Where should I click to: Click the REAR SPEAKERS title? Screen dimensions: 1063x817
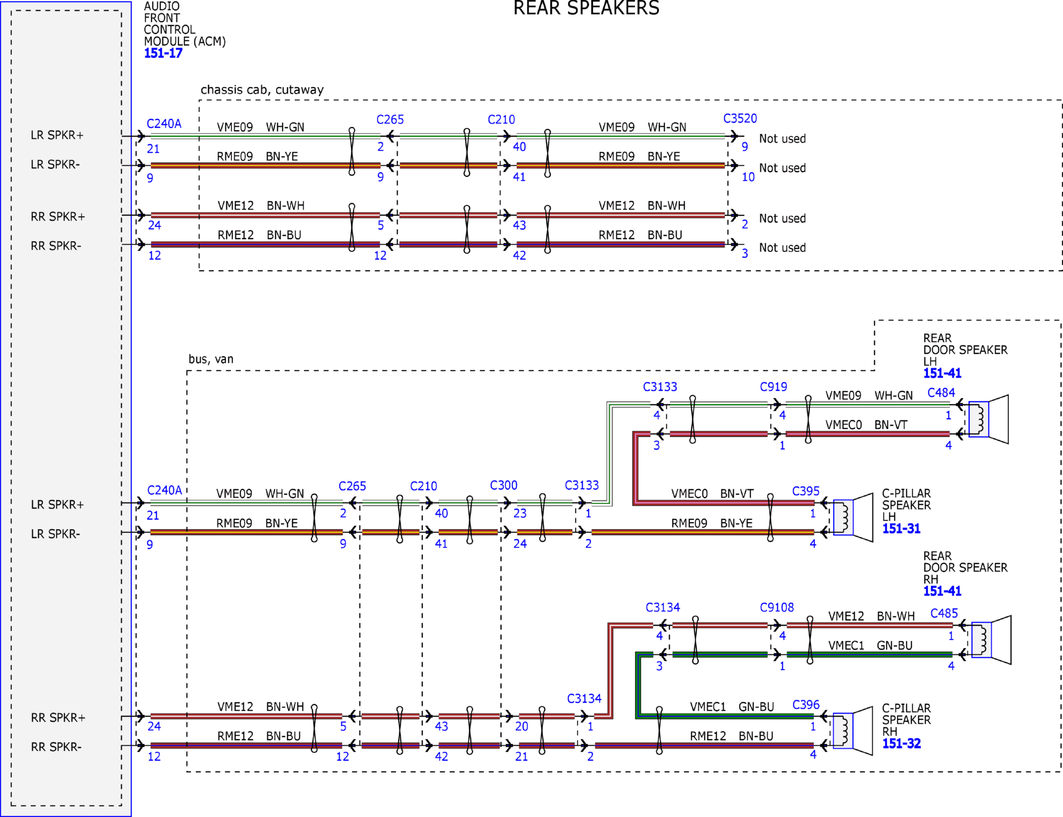[586, 8]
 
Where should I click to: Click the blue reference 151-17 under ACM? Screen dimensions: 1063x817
[163, 53]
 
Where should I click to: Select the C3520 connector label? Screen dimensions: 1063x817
[740, 118]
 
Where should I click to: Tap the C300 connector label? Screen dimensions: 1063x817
[504, 485]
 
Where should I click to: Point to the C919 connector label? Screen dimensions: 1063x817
[774, 387]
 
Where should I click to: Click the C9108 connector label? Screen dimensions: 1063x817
[777, 607]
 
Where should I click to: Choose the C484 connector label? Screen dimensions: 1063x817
[941, 393]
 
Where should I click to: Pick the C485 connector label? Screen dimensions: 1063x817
[944, 613]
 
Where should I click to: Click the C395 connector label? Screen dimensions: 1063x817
[806, 491]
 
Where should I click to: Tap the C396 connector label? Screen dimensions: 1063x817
[806, 705]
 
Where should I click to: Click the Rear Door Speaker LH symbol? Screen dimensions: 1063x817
[988, 419]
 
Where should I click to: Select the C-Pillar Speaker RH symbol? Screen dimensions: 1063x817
[853, 731]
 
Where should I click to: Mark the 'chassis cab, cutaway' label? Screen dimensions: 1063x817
[262, 90]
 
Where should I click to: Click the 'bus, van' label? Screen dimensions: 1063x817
[211, 359]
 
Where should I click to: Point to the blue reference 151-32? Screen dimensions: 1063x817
[901, 744]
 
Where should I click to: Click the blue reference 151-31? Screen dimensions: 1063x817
[901, 529]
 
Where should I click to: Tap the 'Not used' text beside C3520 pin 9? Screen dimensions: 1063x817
[782, 139]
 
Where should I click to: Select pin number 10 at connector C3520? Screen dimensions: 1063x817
[748, 177]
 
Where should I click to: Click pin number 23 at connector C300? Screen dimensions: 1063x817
[520, 513]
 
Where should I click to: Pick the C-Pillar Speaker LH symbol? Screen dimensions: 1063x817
[853, 518]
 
